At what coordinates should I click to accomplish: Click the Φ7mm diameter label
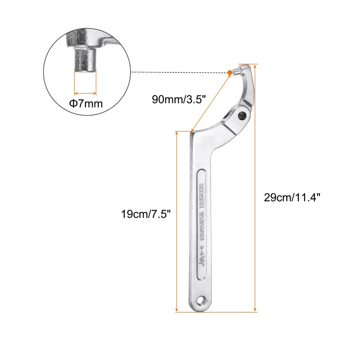(85, 104)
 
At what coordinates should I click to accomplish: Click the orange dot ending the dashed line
(230, 72)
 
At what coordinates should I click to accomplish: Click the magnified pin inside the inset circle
(85, 61)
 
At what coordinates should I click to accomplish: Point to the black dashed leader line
(180, 72)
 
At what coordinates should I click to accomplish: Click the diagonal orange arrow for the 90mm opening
(212, 101)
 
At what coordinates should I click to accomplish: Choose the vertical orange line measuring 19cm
(177, 220)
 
